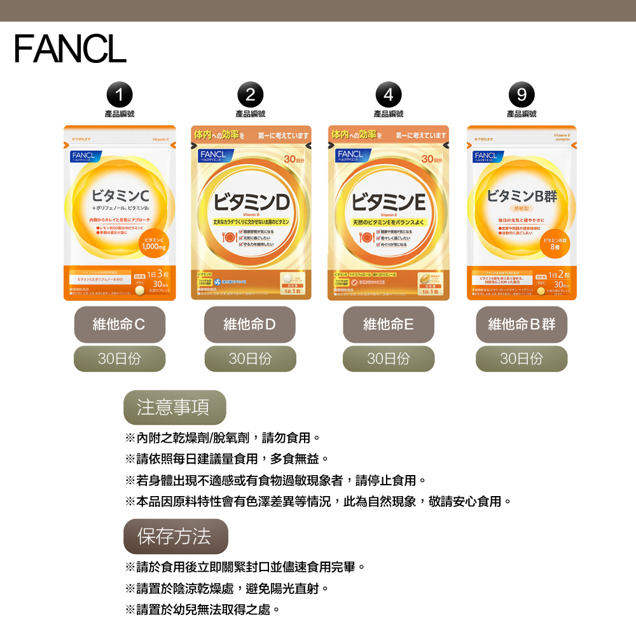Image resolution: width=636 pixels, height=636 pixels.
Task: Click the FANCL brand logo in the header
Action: pos(70,49)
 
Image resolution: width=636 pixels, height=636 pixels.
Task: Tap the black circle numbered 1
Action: pos(120,95)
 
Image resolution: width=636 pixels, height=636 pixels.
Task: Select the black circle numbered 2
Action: pos(250,95)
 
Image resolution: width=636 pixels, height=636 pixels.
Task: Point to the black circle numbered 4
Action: pos(389,95)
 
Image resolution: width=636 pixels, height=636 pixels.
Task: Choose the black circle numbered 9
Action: pos(522,95)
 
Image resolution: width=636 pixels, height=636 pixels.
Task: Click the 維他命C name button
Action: pos(120,324)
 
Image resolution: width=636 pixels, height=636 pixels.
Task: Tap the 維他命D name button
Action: pos(250,324)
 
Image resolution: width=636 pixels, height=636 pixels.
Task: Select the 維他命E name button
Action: pos(389,324)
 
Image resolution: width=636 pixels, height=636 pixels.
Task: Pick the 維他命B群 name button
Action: pos(522,324)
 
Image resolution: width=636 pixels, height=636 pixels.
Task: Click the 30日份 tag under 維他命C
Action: pos(120,359)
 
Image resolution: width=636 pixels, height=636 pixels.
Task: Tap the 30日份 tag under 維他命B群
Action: pos(522,359)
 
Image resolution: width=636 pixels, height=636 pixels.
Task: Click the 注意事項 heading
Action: pos(174,407)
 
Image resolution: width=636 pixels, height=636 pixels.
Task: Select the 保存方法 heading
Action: pos(175,536)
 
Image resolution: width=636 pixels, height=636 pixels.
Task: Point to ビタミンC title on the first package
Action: pos(120,195)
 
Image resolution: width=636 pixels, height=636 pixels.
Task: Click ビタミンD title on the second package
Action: pos(251,203)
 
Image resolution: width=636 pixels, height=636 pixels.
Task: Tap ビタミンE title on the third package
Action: pos(389,203)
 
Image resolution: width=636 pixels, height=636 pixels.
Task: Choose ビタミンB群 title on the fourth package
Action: pos(522,196)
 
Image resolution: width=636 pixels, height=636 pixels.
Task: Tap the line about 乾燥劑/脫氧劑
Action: pos(223,438)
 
